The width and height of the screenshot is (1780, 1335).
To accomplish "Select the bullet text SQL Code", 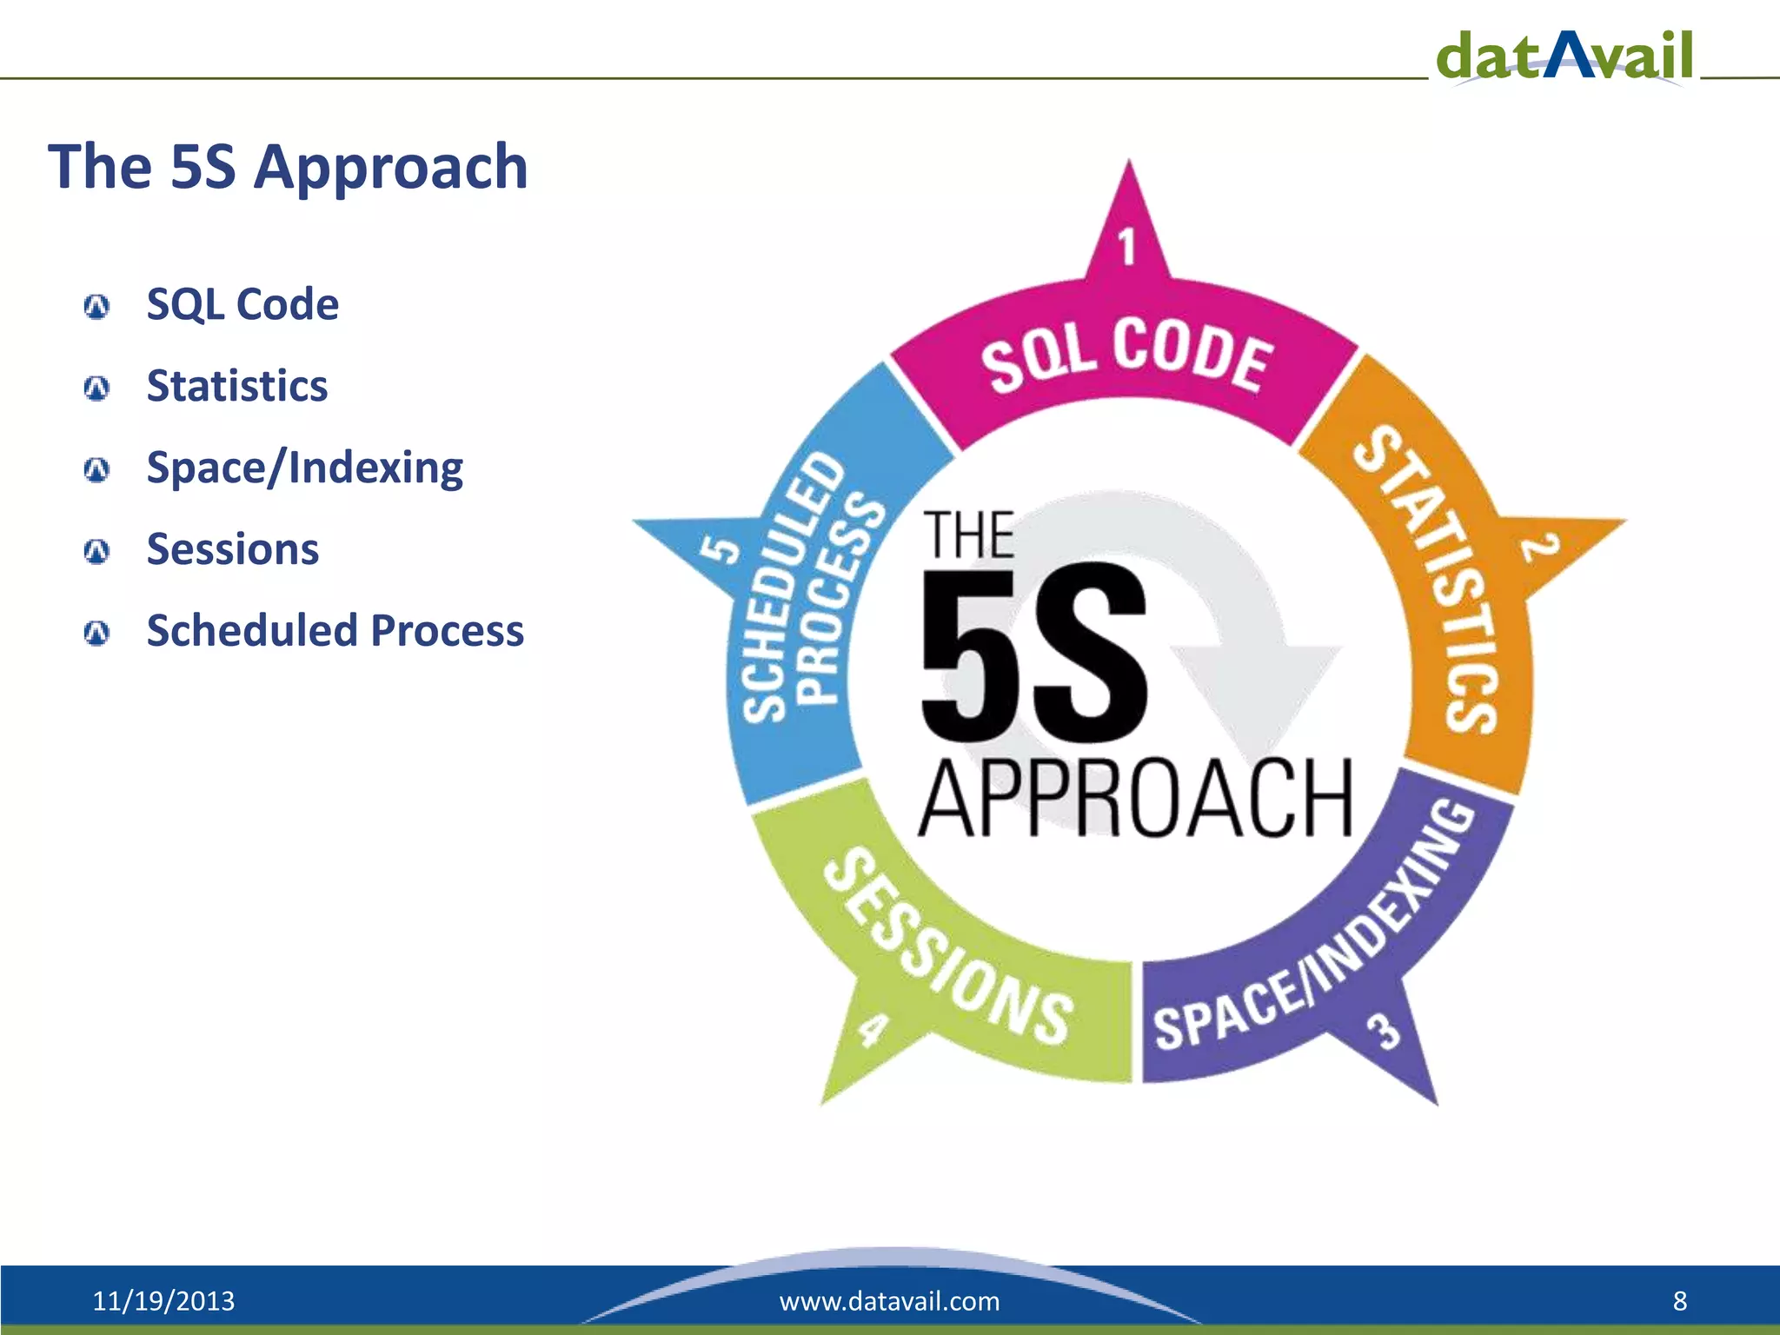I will (x=242, y=304).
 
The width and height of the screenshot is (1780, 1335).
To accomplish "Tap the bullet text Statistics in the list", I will (x=237, y=386).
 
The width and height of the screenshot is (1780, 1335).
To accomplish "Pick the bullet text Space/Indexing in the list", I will (x=304, y=468).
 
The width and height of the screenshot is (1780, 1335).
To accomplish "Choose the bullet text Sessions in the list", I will (x=233, y=549).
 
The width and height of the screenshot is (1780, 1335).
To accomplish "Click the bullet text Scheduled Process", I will (x=335, y=630).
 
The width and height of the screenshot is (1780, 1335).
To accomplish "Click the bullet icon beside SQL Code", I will (x=96, y=306).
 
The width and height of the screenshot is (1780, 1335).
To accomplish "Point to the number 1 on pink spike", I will (x=1127, y=246).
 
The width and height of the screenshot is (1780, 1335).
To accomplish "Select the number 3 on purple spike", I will (x=1384, y=1031).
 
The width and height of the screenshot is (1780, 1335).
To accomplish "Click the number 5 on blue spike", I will (x=721, y=550).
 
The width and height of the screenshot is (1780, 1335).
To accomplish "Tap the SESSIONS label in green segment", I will (x=947, y=947).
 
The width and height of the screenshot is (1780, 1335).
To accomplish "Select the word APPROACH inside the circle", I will (x=1135, y=798).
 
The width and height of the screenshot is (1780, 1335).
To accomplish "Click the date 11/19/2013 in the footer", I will (x=163, y=1301).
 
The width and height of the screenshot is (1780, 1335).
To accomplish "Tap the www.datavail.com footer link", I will (x=889, y=1301).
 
